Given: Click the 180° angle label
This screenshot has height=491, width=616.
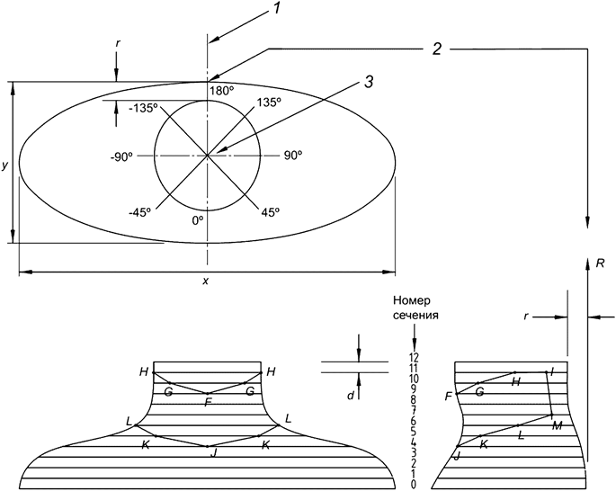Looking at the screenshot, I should point(221,92).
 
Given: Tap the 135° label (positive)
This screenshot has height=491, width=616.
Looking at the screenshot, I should point(269,103).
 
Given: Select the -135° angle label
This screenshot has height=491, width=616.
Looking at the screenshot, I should point(142,107).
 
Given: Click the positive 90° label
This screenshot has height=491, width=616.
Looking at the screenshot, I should point(292,156).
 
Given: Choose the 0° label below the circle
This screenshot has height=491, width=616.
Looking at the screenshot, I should point(199,219).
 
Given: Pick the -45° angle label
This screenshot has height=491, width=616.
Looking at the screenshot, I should point(138,212).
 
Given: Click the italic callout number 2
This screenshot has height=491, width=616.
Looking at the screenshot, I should point(436,49).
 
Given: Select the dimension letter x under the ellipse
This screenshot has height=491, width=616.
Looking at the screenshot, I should point(205,281).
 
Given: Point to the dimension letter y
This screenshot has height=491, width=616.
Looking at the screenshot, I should point(5,165).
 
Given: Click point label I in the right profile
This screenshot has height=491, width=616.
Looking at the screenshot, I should point(552,371).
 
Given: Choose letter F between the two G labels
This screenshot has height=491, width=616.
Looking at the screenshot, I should point(208,402).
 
